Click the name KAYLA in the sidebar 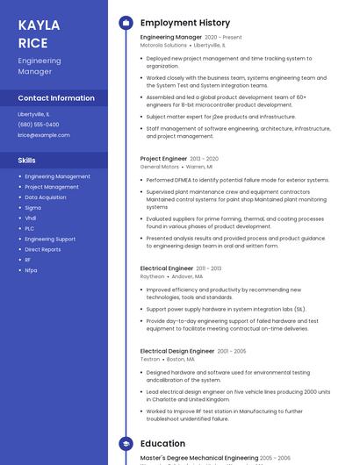pyautogui.click(x=39, y=25)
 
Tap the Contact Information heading pyautogui.click(x=56, y=98)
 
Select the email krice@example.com pyautogui.click(x=44, y=135)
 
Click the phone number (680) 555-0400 pyautogui.click(x=40, y=125)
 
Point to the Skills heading pyautogui.click(x=27, y=160)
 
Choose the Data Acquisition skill pyautogui.click(x=46, y=197)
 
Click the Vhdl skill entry pyautogui.click(x=31, y=218)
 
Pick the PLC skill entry pyautogui.click(x=30, y=228)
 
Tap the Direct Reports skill pyautogui.click(x=43, y=249)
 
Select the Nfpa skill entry pyautogui.click(x=31, y=270)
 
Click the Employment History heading pyautogui.click(x=185, y=23)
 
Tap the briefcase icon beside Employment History pyautogui.click(x=126, y=23)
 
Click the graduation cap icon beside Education pyautogui.click(x=126, y=444)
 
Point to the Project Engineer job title pyautogui.click(x=163, y=159)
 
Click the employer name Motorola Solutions pyautogui.click(x=164, y=45)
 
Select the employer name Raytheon pyautogui.click(x=152, y=275)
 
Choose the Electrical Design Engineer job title pyautogui.click(x=177, y=351)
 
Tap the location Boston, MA pyautogui.click(x=182, y=359)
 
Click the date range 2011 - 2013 pyautogui.click(x=209, y=268)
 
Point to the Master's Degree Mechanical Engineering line pyautogui.click(x=199, y=458)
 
